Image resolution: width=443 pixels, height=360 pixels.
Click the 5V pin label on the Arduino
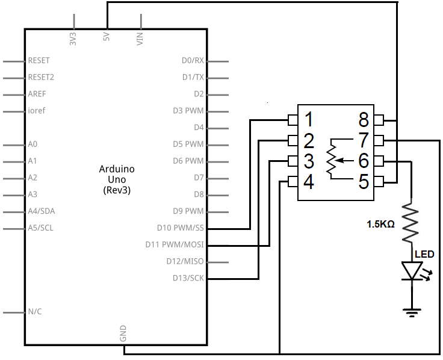106,37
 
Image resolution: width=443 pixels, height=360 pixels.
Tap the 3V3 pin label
73,39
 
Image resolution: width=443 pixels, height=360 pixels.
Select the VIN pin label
140,39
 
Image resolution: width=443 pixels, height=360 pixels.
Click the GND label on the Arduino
123,334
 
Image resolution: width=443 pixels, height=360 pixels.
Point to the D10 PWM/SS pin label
180,228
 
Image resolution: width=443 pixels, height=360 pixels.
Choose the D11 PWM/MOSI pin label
175,244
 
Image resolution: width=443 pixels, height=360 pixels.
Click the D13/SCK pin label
188,278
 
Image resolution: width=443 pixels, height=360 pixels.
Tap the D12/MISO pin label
185,261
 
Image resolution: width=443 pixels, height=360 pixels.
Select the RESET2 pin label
41,77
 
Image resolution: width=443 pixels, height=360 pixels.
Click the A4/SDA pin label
42,211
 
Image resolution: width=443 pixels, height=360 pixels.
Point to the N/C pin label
35,311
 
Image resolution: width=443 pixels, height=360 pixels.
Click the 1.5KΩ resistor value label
380,225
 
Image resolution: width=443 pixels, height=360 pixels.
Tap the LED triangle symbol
412,271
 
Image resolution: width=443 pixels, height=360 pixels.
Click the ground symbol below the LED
412,313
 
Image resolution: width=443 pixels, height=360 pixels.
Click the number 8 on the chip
364,120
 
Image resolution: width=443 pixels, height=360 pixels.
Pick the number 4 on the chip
309,182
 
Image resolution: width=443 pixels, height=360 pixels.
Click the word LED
424,254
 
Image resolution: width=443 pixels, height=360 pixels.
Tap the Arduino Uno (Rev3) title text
117,179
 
